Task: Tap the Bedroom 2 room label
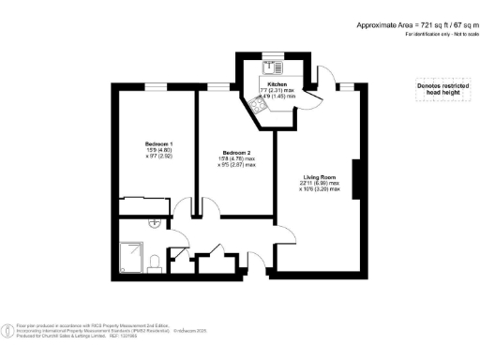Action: (x=234, y=153)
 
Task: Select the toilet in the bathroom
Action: (x=155, y=260)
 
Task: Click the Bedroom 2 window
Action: (x=218, y=88)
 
